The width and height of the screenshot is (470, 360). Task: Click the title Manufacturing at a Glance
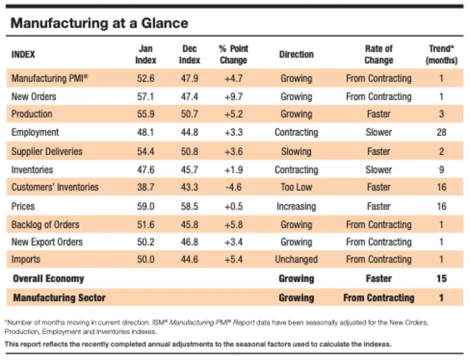tap(99, 23)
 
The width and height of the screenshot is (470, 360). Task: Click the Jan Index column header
tap(146, 54)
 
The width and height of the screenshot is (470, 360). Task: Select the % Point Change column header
tap(233, 54)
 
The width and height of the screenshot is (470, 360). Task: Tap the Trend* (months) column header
tap(441, 54)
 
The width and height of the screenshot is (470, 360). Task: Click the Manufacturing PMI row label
tap(50, 78)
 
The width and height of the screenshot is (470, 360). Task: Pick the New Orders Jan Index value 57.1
tap(146, 97)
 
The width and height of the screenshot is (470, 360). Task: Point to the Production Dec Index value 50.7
tap(189, 114)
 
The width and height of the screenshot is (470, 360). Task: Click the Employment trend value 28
tap(441, 132)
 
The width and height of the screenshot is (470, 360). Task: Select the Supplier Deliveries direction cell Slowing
tap(296, 151)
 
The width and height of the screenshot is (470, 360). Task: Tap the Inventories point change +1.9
tap(233, 170)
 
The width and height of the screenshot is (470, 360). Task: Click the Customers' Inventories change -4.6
tap(233, 187)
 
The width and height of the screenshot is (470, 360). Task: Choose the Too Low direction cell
tap(296, 187)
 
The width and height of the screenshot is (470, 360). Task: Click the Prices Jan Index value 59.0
tap(146, 207)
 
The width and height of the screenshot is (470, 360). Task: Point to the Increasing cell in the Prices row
tap(296, 207)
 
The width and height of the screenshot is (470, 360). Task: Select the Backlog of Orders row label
tap(45, 225)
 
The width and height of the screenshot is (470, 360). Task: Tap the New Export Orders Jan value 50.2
tap(146, 242)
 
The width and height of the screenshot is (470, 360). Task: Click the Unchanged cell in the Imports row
tap(296, 259)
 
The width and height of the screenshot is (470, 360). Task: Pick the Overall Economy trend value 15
tap(441, 278)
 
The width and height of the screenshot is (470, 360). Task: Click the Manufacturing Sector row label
tap(59, 298)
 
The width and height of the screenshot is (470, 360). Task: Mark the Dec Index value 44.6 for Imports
tap(189, 259)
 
